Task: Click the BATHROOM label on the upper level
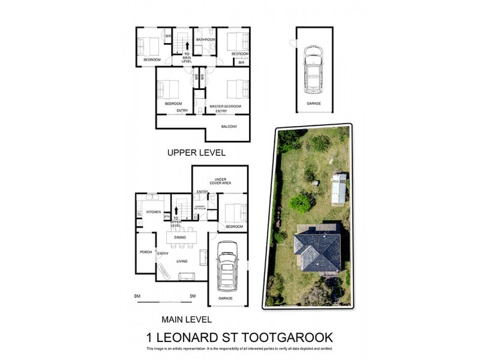click(x=206, y=40)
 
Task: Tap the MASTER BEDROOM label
click(x=225, y=106)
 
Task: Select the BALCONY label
click(x=229, y=127)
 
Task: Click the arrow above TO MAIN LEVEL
click(x=187, y=44)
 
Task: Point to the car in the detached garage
click(x=313, y=68)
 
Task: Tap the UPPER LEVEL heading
click(x=196, y=153)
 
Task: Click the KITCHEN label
click(x=154, y=212)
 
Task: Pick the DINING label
click(x=180, y=238)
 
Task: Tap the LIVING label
click(x=182, y=261)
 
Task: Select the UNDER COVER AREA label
click(x=220, y=181)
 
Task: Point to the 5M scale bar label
click(x=193, y=296)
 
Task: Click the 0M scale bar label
click(x=137, y=296)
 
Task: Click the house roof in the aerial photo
click(x=317, y=250)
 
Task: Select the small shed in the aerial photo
click(x=339, y=188)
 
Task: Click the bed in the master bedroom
click(x=238, y=89)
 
